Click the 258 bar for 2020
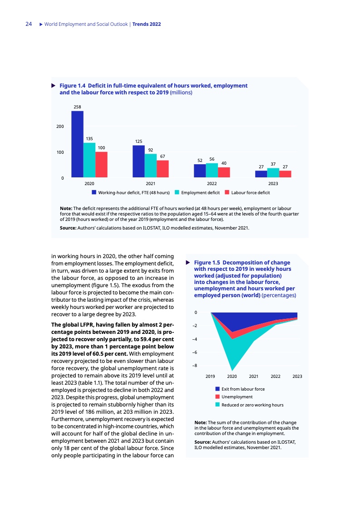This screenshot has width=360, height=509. tap(77, 144)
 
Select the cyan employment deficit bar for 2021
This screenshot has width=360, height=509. tap(150, 166)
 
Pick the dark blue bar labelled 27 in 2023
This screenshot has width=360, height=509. tap(261, 174)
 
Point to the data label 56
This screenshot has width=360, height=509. tap(212, 159)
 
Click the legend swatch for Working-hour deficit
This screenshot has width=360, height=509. tap(94, 193)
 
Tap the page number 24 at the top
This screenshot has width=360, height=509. tap(28, 24)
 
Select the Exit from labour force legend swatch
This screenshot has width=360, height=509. tap(218, 389)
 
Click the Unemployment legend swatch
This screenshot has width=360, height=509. tap(218, 397)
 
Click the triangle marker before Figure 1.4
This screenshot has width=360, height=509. tap(53, 85)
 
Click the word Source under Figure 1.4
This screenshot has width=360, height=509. tap(68, 227)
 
